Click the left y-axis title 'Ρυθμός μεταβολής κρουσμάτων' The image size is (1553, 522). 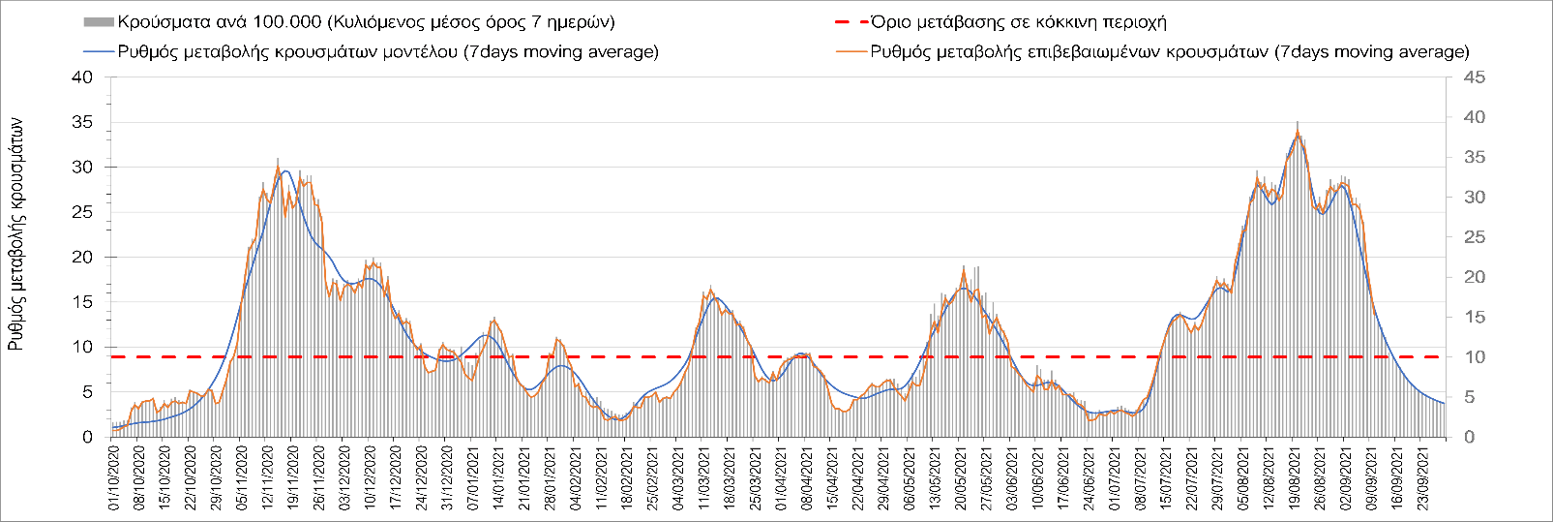(16, 234)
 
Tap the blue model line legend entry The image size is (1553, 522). (387, 51)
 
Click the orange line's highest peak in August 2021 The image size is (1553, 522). (1298, 133)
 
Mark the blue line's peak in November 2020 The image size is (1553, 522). (286, 170)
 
